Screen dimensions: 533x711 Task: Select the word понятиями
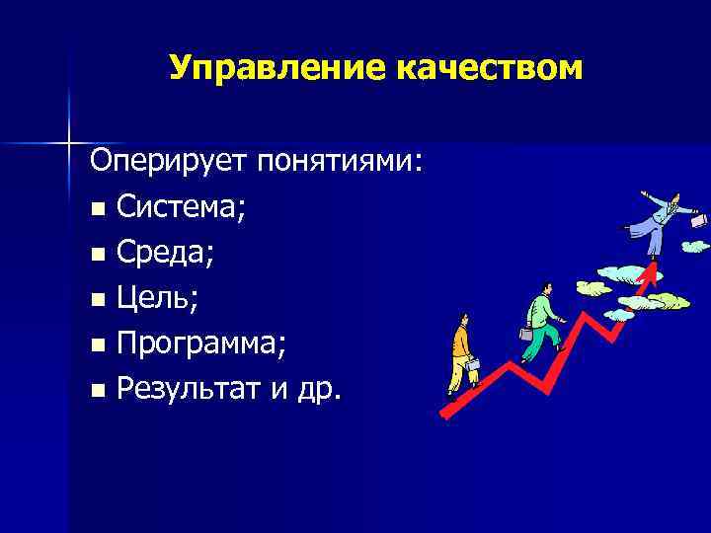click(x=341, y=161)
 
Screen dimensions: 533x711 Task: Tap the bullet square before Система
click(x=96, y=209)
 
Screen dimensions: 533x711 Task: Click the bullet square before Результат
click(x=96, y=392)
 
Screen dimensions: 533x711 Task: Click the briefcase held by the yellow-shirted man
click(x=472, y=366)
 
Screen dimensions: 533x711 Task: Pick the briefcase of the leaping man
click(x=698, y=221)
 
